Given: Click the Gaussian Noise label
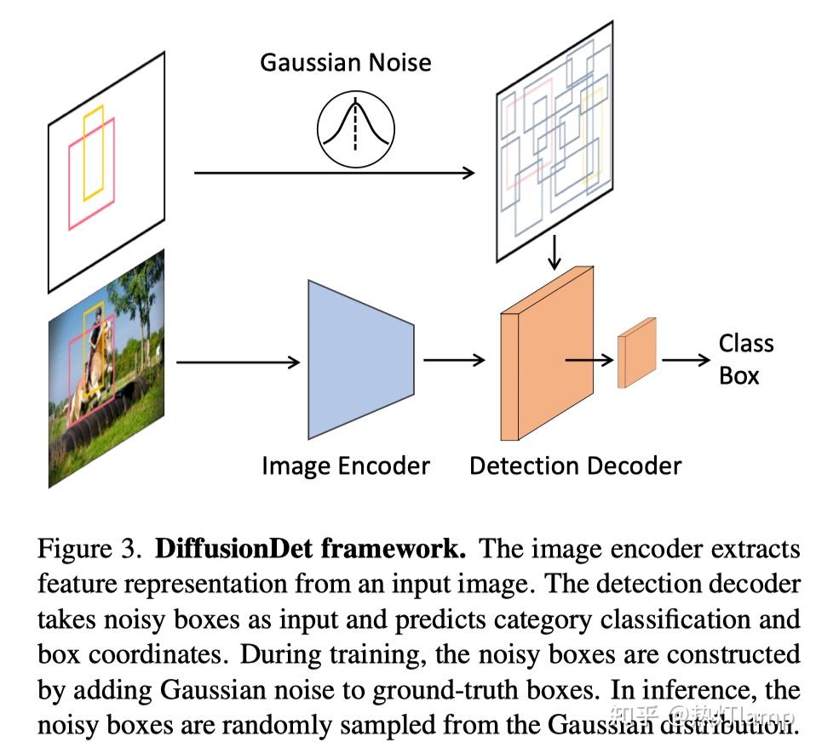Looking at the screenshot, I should pos(345,63).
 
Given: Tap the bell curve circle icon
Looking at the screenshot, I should pos(356,128).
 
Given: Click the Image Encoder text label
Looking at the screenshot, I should pos(345,466).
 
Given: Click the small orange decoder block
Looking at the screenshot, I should pos(636,353).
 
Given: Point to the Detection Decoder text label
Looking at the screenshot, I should pos(575,466).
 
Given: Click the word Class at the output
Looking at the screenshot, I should pos(745,344).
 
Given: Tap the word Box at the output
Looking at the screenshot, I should pos(738,375).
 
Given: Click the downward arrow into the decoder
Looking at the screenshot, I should pos(555,251).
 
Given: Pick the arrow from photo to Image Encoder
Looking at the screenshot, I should pos(238,362).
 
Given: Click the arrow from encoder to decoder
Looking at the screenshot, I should pos(454,361).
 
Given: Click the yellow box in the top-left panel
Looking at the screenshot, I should pos(94,153).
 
